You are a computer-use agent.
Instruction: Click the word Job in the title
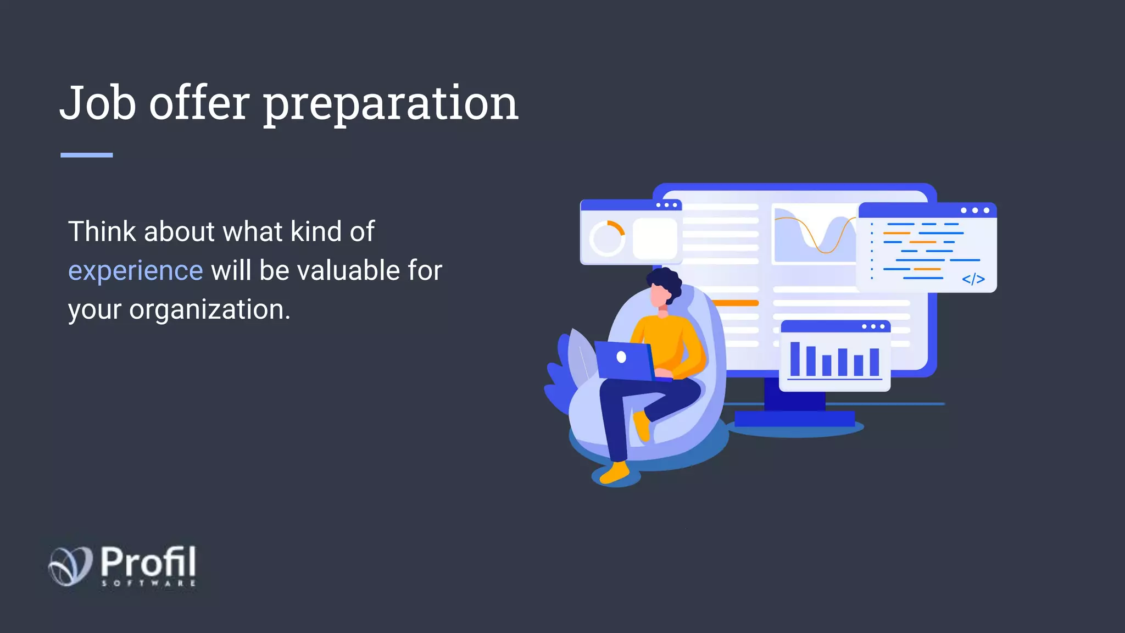tap(98, 103)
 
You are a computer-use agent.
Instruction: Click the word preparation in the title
tap(391, 105)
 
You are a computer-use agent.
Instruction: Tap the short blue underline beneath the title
tap(86, 156)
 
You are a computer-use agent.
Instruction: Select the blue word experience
tap(135, 271)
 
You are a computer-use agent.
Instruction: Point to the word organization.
tap(209, 310)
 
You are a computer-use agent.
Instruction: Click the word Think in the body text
tap(102, 231)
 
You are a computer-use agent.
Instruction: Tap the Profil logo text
tap(148, 562)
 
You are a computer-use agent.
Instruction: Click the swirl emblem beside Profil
tap(70, 565)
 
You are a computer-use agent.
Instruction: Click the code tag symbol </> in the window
tap(973, 279)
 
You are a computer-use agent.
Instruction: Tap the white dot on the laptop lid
tap(621, 357)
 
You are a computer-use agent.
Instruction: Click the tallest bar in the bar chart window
tap(795, 358)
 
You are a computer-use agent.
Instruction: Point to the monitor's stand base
tap(794, 419)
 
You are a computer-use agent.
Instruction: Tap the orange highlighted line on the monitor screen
tap(735, 303)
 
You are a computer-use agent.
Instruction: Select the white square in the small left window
tap(655, 238)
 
